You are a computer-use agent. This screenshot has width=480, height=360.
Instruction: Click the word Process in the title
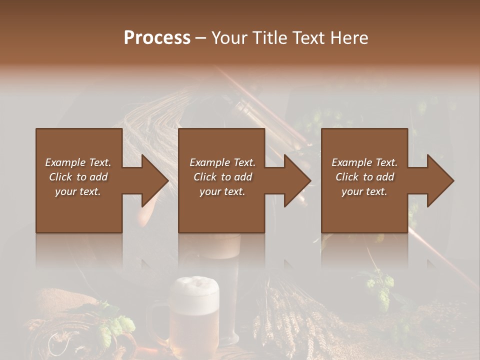click(157, 37)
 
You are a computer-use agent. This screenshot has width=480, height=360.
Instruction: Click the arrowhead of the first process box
click(154, 180)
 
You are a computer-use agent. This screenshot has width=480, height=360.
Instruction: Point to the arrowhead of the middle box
click(297, 180)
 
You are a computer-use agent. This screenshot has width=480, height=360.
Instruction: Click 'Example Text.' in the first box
click(78, 162)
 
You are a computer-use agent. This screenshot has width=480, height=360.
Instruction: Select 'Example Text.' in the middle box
click(222, 162)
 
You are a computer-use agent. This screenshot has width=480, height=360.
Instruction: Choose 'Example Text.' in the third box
click(364, 162)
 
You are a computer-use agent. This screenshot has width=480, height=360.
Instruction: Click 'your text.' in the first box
click(78, 191)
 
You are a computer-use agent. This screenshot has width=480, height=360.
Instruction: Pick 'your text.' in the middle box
click(222, 191)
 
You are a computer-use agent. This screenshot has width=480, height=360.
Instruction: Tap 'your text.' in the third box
click(364, 191)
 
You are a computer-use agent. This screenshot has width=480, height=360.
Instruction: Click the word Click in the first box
click(60, 177)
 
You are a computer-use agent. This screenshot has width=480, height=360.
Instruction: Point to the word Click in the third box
click(347, 177)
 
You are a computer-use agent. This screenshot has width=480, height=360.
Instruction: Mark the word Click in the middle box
click(204, 177)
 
